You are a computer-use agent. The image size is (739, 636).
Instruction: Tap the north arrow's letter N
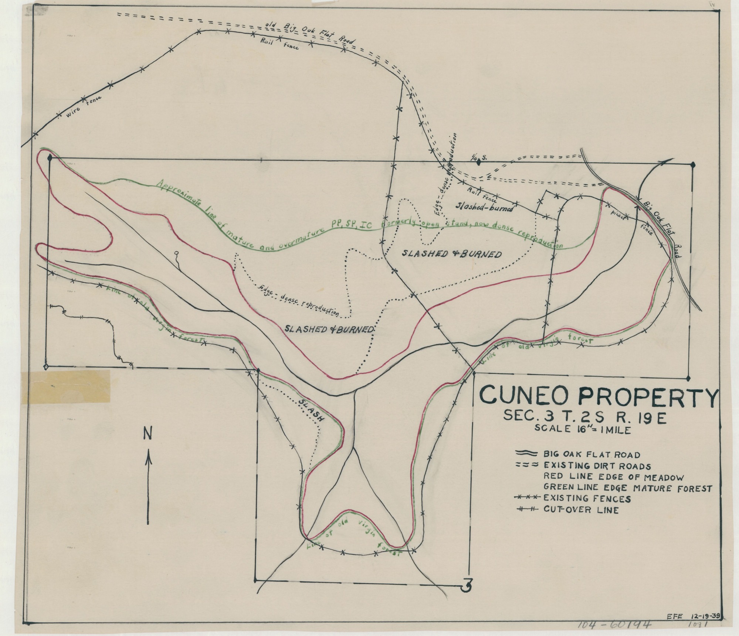click(148, 434)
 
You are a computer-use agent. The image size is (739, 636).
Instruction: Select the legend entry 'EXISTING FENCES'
click(587, 499)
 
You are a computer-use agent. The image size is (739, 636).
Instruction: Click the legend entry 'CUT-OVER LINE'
click(581, 510)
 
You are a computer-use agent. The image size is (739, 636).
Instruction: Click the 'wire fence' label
click(84, 106)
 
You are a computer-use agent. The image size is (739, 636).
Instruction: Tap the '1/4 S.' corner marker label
click(479, 158)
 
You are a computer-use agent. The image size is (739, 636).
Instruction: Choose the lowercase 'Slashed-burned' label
click(485, 207)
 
